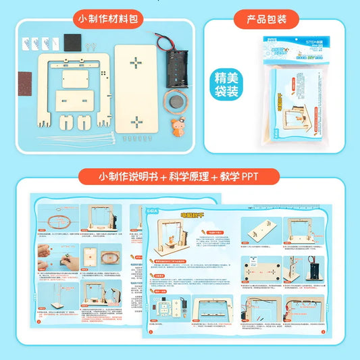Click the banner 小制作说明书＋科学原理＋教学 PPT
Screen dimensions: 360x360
tap(179, 177)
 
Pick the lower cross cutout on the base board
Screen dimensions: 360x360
tap(137, 122)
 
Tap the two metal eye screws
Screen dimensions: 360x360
tap(93, 45)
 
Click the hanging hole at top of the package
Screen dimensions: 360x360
tap(298, 36)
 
